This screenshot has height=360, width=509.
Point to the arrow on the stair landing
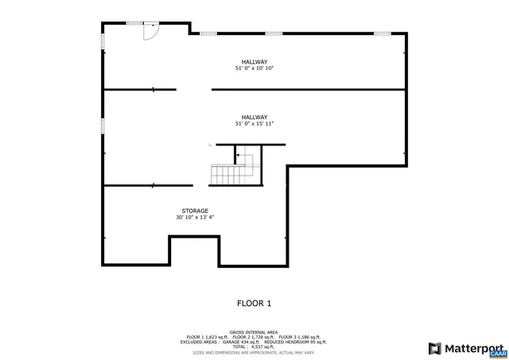pyautogui.click(x=238, y=156)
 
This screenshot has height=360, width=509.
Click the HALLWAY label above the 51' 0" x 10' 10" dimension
pyautogui.click(x=254, y=62)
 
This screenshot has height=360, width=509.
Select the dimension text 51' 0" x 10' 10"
pyautogui.click(x=254, y=69)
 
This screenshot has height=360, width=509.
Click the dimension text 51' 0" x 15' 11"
pyautogui.click(x=254, y=124)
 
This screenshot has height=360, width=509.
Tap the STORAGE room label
pyautogui.click(x=195, y=211)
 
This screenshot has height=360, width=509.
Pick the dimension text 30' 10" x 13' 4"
pyautogui.click(x=195, y=218)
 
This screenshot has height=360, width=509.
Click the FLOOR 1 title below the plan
pyautogui.click(x=254, y=303)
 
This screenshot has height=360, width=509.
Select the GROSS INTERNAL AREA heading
pyautogui.click(x=254, y=332)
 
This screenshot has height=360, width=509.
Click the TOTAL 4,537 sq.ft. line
pyautogui.click(x=254, y=346)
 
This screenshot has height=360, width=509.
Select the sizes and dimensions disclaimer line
pyautogui.click(x=254, y=352)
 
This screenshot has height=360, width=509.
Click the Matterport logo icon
pyautogui.click(x=434, y=348)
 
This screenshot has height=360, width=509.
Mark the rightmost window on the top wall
pyautogui.click(x=383, y=33)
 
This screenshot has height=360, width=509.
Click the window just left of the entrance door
pyautogui.click(x=134, y=23)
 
